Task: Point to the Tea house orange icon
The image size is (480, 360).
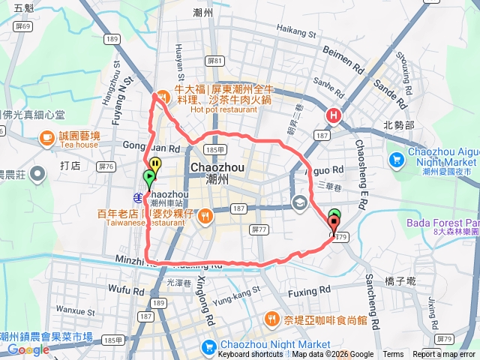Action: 46,136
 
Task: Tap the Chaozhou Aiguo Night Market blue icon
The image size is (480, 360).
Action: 396,159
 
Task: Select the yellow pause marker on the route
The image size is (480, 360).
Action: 154,163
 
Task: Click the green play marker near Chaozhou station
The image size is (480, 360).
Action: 148,178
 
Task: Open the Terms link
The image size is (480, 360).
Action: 393,355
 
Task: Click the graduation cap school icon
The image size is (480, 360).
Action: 299,202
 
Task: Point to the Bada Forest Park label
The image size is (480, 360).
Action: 442,223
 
